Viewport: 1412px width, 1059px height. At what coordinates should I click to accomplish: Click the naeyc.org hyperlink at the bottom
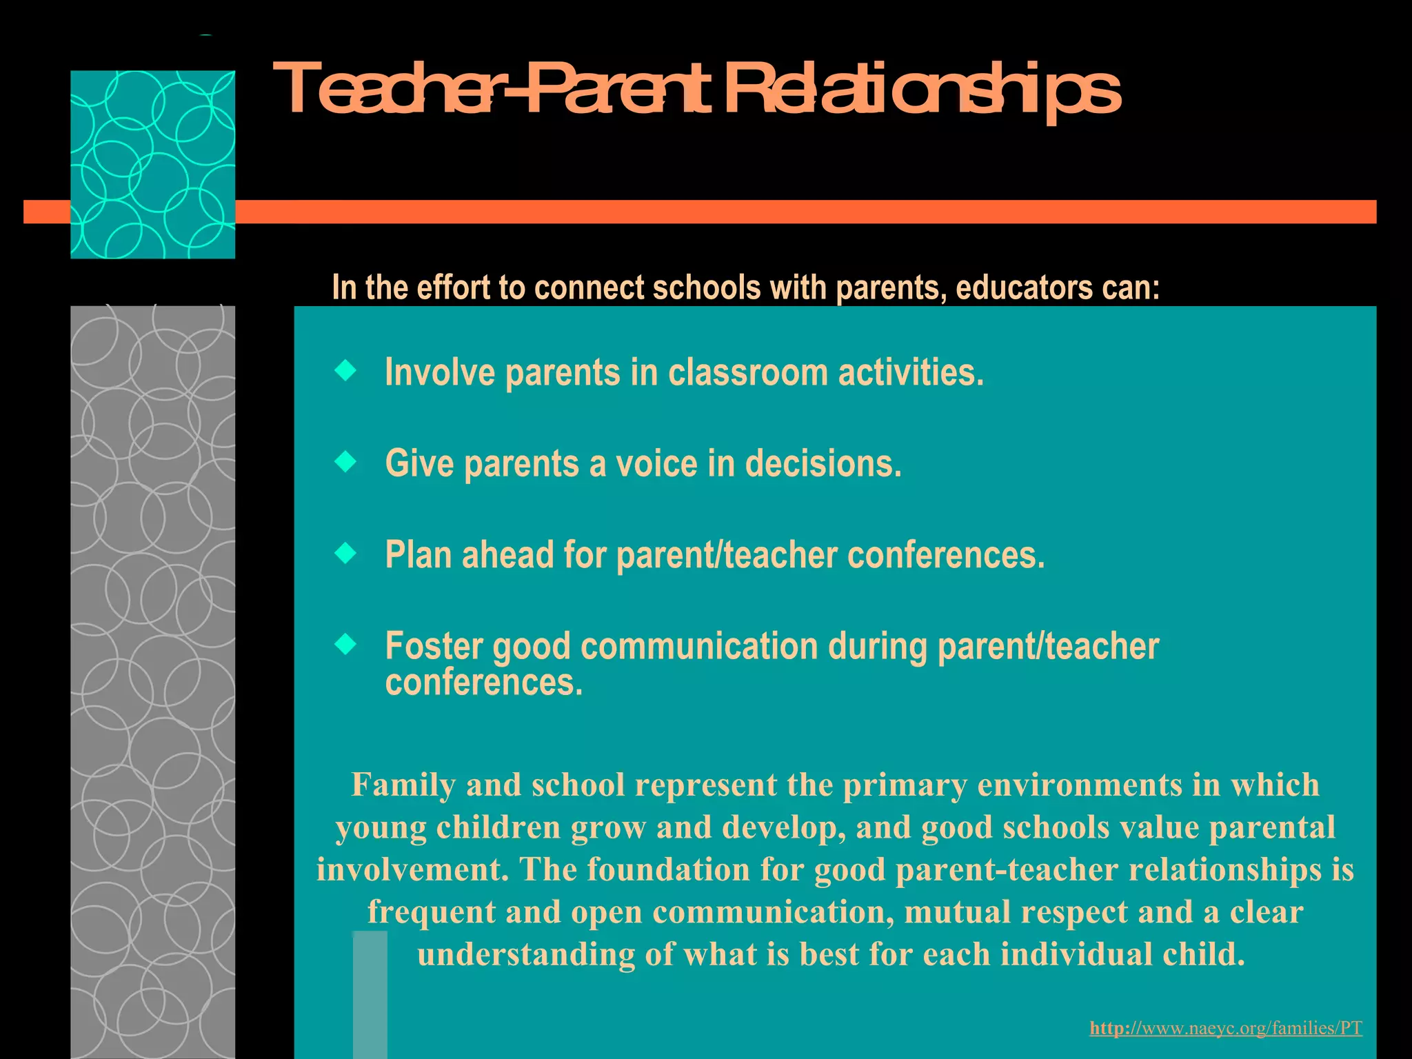[1225, 1028]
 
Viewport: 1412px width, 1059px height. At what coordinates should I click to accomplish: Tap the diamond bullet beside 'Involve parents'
[345, 372]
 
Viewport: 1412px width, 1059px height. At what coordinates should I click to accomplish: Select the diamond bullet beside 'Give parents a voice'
[345, 462]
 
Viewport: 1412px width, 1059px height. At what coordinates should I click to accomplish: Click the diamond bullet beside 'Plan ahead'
[345, 553]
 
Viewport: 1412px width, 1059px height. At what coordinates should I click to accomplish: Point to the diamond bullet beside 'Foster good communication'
[345, 645]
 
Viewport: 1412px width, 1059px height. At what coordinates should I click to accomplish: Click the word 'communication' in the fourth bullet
[699, 646]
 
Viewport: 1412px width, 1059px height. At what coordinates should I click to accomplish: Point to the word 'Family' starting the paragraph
[403, 785]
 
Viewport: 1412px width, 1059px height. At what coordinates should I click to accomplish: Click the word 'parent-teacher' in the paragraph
[1007, 869]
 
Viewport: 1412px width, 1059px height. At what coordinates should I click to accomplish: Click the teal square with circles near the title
[152, 164]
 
